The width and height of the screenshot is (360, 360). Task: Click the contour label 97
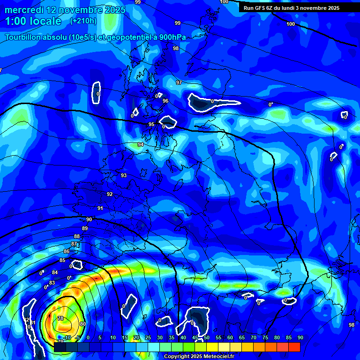(179, 82)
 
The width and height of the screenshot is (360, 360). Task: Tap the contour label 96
(165, 101)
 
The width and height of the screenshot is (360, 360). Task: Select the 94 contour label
(141, 145)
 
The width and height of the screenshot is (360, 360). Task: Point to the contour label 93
(124, 175)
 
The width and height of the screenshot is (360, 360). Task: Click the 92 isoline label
(110, 194)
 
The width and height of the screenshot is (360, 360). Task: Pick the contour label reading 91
(100, 208)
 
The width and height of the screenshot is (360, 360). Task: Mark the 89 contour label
(85, 228)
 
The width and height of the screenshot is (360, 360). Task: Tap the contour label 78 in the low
(60, 319)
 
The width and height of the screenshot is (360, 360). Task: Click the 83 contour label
(52, 283)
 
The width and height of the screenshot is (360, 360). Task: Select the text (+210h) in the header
(83, 21)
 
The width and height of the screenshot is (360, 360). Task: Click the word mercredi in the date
(23, 9)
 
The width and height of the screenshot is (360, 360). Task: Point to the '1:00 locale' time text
(33, 21)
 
